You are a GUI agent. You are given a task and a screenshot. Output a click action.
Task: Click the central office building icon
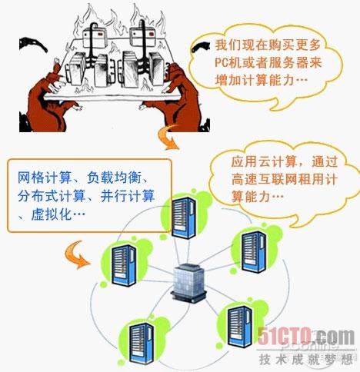coord(188,283)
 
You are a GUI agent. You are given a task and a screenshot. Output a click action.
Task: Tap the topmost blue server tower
coord(184,218)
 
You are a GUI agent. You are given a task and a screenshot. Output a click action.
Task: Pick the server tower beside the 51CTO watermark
coord(240,327)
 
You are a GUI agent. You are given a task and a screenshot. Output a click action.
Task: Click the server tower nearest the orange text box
coord(184,218)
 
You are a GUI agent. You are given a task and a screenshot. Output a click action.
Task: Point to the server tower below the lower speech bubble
coord(254,251)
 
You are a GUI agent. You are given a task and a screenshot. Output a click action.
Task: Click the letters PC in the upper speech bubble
coord(222,62)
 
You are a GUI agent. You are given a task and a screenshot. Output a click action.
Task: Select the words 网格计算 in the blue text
coord(45,178)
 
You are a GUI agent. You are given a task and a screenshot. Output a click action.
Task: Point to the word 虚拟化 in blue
coord(52,214)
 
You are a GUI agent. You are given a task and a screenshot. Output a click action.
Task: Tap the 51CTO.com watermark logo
coord(306,337)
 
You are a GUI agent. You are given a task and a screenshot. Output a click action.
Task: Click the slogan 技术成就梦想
coord(306,359)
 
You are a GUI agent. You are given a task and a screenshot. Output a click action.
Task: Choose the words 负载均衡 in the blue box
coord(114,178)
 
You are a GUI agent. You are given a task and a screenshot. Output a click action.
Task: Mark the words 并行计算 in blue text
coord(128,196)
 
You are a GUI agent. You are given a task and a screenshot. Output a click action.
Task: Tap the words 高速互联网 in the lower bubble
coord(264,179)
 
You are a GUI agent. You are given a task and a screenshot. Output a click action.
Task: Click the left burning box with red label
coord(95,38)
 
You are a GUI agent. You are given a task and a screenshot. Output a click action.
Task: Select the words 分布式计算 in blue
coord(52,196)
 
